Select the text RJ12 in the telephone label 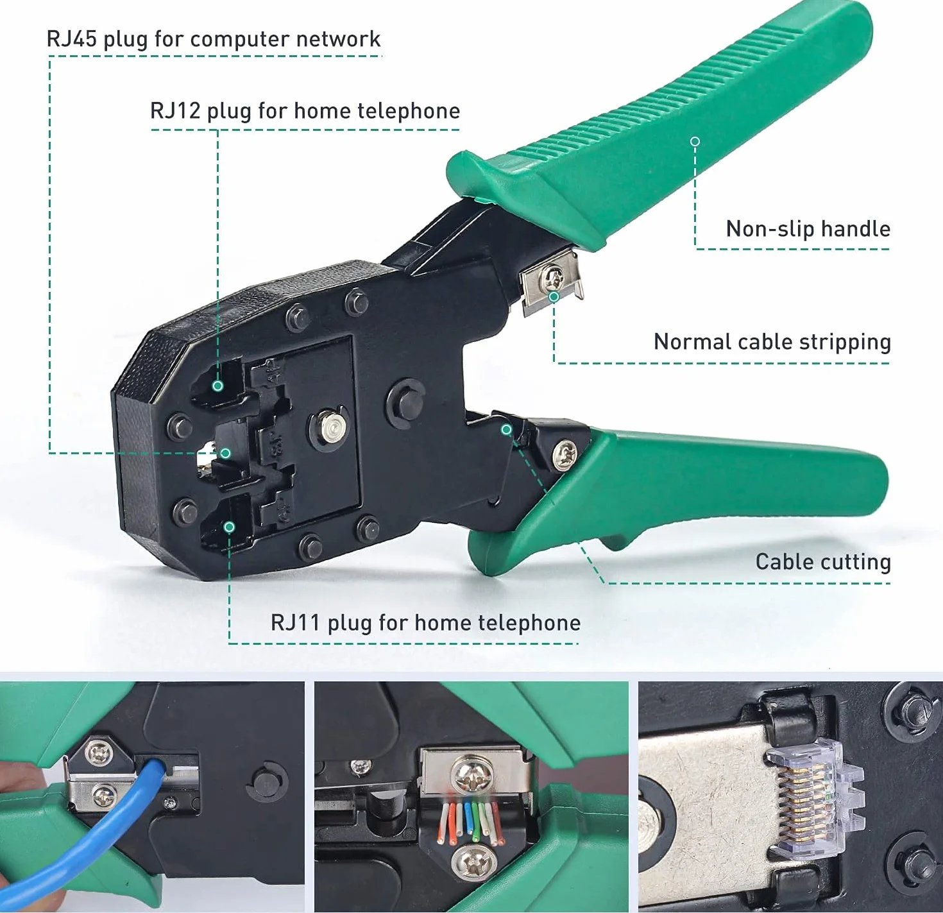click(175, 110)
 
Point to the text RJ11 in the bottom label click(295, 623)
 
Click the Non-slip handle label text click(808, 228)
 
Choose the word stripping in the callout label click(845, 342)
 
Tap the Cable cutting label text click(823, 562)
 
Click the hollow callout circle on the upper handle click(695, 142)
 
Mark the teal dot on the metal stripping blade click(554, 297)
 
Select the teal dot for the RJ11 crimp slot click(229, 527)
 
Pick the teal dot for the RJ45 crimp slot click(225, 453)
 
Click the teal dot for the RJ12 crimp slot click(218, 386)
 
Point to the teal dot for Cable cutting click(506, 429)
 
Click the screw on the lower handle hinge click(565, 455)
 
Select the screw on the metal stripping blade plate click(553, 277)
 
